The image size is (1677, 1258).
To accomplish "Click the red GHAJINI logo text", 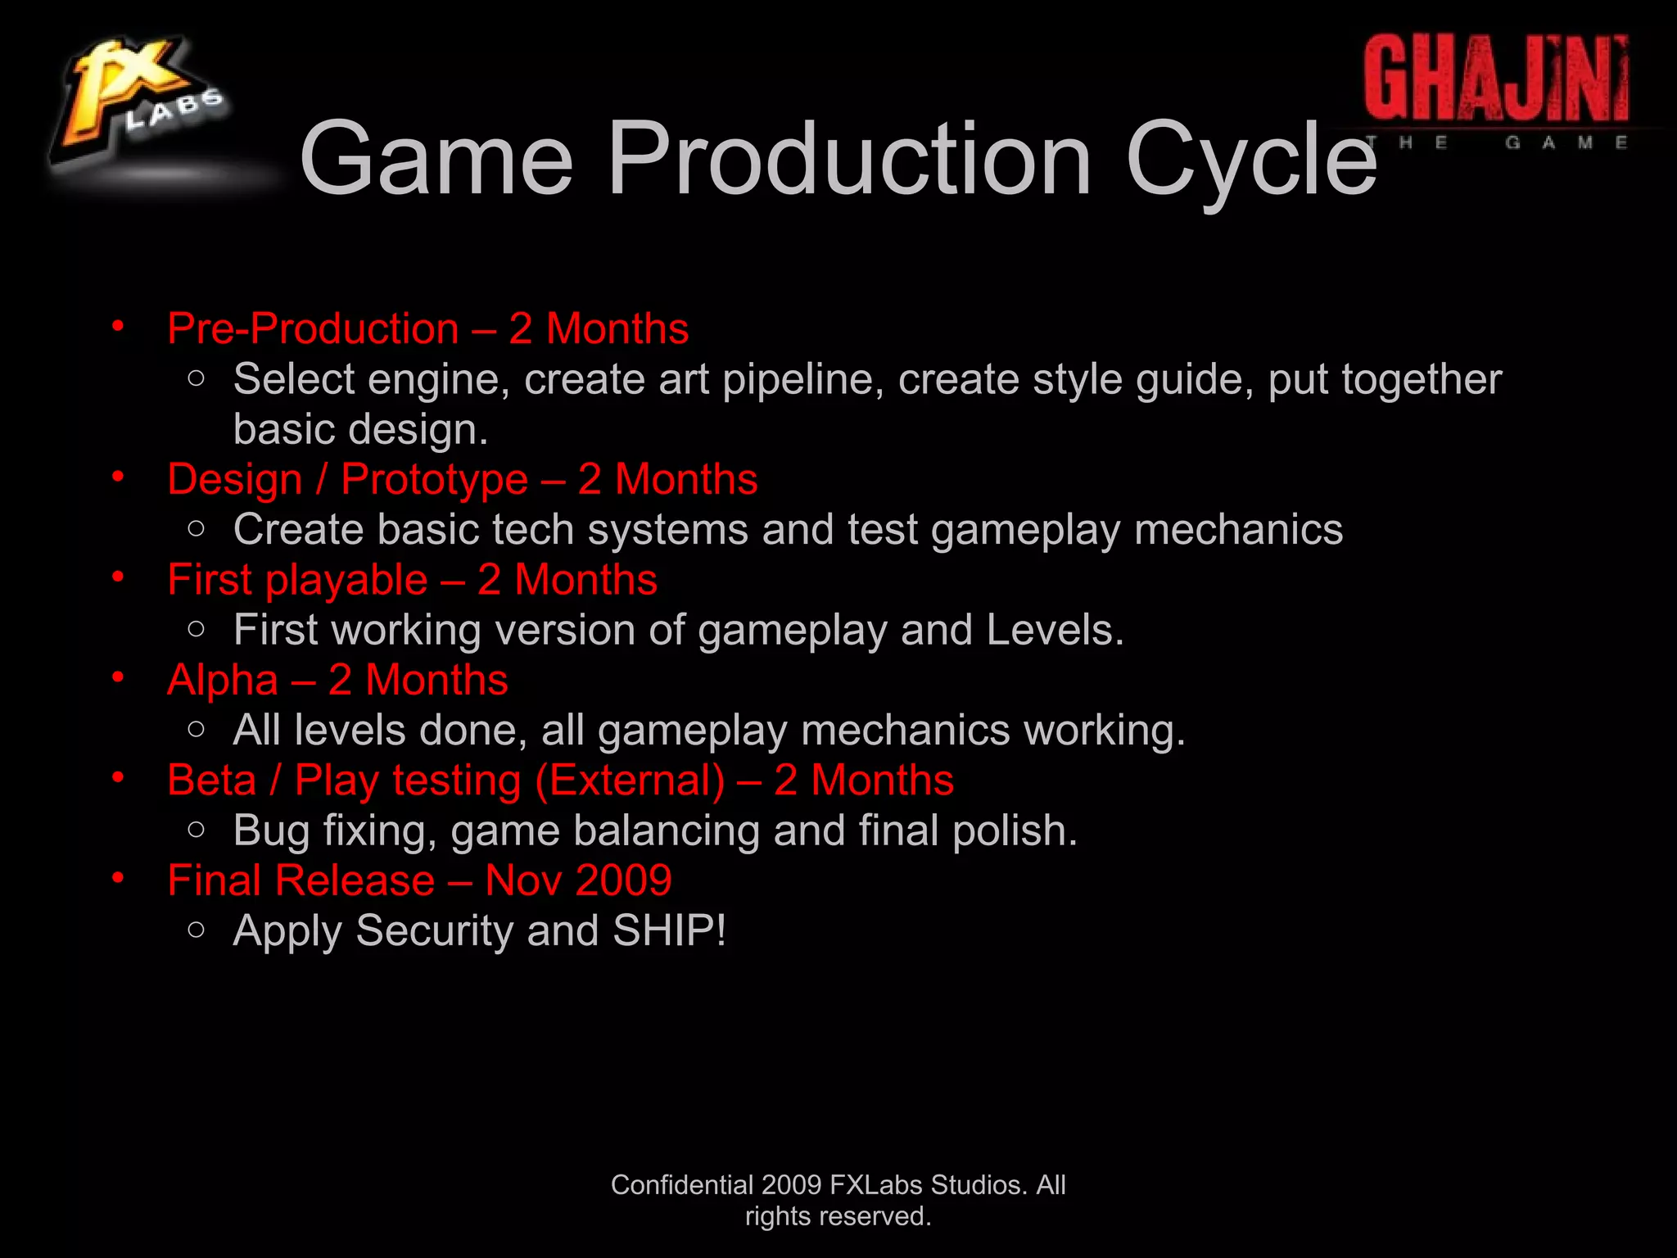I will pyautogui.click(x=1495, y=79).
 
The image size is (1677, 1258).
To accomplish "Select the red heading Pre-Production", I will pyautogui.click(x=313, y=329).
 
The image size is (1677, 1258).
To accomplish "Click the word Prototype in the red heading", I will pyautogui.click(x=434, y=480).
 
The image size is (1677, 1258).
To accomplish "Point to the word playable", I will pyautogui.click(x=346, y=581).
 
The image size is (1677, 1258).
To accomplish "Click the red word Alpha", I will pyautogui.click(x=223, y=681).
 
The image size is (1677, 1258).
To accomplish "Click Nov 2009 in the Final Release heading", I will pyautogui.click(x=578, y=881).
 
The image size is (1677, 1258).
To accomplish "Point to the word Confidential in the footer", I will pyautogui.click(x=681, y=1185).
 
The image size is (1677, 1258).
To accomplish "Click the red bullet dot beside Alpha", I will pyautogui.click(x=119, y=677).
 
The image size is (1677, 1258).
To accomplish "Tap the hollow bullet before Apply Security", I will pyautogui.click(x=196, y=929).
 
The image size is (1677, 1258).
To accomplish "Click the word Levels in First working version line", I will pyautogui.click(x=1055, y=631).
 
